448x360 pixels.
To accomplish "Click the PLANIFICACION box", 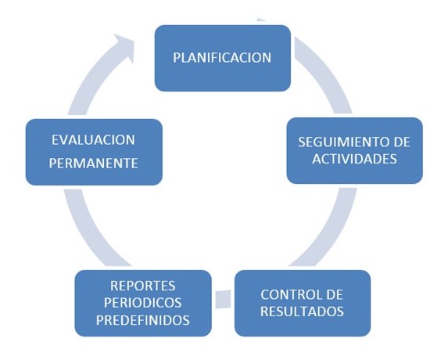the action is [x=223, y=58].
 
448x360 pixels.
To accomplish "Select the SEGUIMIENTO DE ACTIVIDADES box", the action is [x=355, y=150].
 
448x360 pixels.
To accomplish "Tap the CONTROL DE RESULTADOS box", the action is [x=303, y=303].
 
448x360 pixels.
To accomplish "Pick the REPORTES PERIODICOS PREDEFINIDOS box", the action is [x=143, y=303].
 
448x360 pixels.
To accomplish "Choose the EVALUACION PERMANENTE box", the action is [x=94, y=152].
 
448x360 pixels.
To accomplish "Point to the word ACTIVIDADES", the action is [x=355, y=159].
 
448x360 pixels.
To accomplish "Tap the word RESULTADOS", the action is [x=302, y=311].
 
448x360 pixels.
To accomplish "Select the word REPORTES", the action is [x=143, y=286].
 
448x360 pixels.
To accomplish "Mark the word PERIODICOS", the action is [x=142, y=303].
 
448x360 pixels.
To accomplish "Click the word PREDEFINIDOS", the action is [x=143, y=320].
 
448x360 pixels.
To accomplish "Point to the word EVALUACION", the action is [x=93, y=140].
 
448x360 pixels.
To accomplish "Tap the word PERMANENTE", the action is [x=93, y=164].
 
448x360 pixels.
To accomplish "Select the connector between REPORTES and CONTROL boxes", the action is [x=223, y=299].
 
